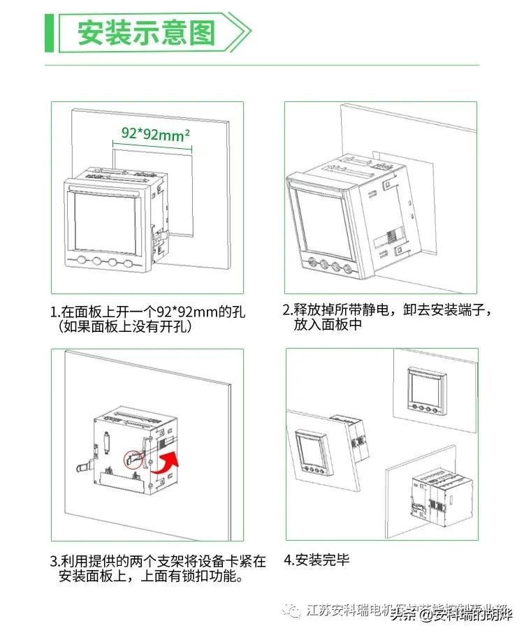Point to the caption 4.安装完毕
(316, 560)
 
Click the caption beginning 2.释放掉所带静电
(387, 310)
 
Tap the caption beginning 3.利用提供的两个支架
(158, 561)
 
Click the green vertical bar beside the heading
(49, 32)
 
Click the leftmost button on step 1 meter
(82, 263)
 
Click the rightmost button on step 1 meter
(129, 263)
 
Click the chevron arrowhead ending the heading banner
(241, 32)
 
